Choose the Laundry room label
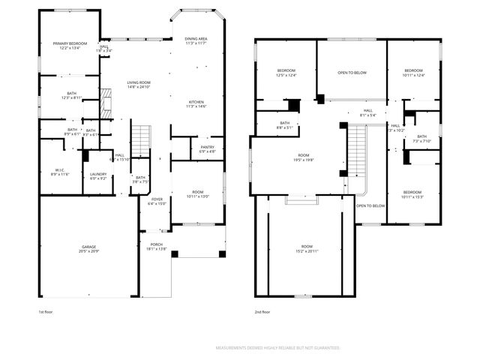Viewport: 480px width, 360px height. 98,176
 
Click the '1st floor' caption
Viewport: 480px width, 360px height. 46,311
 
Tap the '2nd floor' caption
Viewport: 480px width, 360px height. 262,311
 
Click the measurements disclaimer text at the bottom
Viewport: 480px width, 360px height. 277,348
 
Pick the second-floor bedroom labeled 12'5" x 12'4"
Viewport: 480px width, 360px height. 286,73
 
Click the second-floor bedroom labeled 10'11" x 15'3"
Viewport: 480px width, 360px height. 413,194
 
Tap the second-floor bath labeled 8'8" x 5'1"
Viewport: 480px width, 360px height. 285,124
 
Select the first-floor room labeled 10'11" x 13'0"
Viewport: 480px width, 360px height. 197,193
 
